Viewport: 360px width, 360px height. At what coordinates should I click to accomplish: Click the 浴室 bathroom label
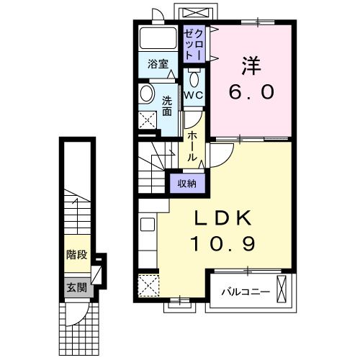158,64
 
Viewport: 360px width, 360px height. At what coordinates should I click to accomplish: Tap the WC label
194,95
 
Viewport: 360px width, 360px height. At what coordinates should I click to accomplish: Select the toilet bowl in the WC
194,79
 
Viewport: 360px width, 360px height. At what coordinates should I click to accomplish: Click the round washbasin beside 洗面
147,94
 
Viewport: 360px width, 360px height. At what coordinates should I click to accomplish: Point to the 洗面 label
167,106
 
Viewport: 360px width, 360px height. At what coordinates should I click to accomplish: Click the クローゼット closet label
194,45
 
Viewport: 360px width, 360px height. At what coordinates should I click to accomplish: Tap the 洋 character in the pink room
251,66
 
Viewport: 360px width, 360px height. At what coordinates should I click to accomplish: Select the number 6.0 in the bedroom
251,92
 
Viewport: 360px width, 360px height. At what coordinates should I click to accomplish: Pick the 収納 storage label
187,184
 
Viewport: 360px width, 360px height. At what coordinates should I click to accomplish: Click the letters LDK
223,218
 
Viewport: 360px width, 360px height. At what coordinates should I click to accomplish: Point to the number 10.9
223,244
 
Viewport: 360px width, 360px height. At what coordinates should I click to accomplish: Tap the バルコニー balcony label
246,292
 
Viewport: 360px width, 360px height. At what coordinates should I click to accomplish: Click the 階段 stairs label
77,254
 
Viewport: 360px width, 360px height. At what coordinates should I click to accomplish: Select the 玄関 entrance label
77,287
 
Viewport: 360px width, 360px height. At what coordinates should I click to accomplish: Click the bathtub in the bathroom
158,38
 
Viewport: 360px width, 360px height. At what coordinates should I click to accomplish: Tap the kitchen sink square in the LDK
148,225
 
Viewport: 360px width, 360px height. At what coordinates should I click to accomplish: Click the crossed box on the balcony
282,289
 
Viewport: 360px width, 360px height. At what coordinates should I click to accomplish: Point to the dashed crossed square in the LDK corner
149,286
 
